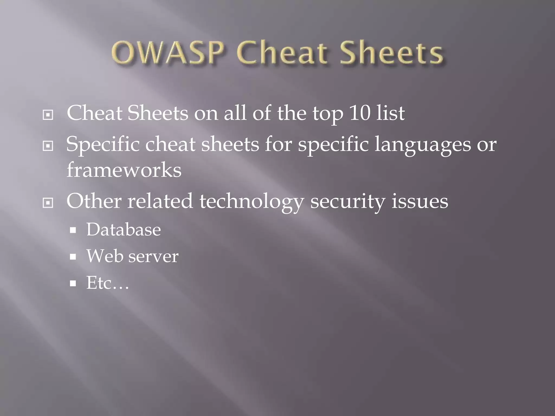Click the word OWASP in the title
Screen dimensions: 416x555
click(x=168, y=53)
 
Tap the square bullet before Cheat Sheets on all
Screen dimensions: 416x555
click(x=48, y=115)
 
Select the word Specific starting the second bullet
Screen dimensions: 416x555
click(x=103, y=144)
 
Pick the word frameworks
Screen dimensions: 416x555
click(x=124, y=170)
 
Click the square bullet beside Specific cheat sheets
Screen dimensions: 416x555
click(x=48, y=146)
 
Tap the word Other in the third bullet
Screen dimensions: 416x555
click(x=94, y=201)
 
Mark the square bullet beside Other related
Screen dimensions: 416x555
click(x=48, y=203)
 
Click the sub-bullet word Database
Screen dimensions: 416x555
click(x=124, y=230)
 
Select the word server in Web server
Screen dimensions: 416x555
click(x=153, y=256)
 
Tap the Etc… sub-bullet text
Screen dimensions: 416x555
click(x=107, y=283)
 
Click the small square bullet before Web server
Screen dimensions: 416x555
click(x=73, y=257)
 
